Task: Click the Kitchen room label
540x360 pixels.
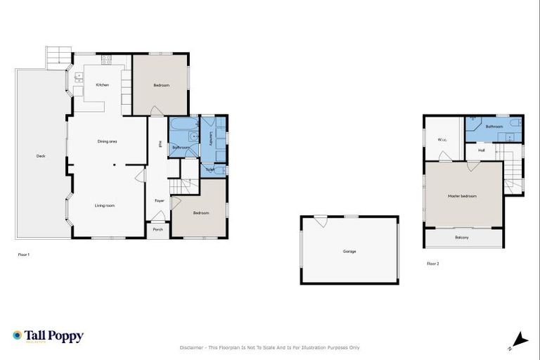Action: [x=103, y=85]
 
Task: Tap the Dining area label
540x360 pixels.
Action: [x=107, y=141]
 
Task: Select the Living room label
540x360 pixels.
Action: [x=105, y=205]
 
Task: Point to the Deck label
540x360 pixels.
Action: [x=41, y=155]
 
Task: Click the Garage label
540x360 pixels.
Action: [x=349, y=251]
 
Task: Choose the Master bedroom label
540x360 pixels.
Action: [x=462, y=195]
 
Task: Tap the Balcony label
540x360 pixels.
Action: [x=462, y=238]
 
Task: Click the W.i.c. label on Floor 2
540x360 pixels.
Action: [x=443, y=139]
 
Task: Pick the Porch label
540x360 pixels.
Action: [x=158, y=229]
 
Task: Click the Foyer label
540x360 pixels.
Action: [x=159, y=201]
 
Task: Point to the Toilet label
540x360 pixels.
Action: [x=210, y=169]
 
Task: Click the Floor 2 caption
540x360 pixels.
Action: [x=432, y=264]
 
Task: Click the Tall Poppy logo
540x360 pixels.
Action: [x=48, y=336]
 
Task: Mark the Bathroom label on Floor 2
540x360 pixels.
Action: [x=494, y=127]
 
